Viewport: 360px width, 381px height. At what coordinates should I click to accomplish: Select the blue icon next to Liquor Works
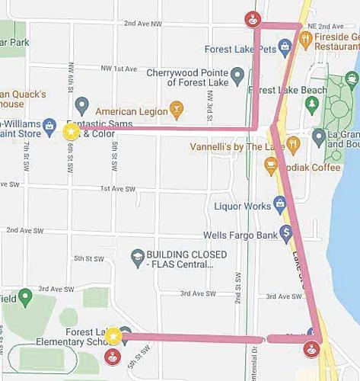pos(280,203)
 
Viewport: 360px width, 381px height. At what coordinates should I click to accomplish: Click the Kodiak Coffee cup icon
pos(270,164)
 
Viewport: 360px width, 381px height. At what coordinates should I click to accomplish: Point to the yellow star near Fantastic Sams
pos(71,131)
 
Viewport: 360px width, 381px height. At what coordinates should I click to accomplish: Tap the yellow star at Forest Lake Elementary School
pos(113,336)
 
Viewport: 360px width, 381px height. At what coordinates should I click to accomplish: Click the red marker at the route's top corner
pos(250,18)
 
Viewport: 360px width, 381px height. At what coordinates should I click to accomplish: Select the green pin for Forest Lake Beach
pos(311,102)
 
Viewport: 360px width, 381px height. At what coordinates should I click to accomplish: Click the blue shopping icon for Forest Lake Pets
pos(285,49)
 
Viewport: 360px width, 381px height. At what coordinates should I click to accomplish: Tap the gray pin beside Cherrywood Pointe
pos(237,75)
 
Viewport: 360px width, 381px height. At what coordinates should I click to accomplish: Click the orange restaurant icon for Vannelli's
pos(293,143)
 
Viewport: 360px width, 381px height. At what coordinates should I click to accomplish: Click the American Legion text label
pos(131,111)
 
